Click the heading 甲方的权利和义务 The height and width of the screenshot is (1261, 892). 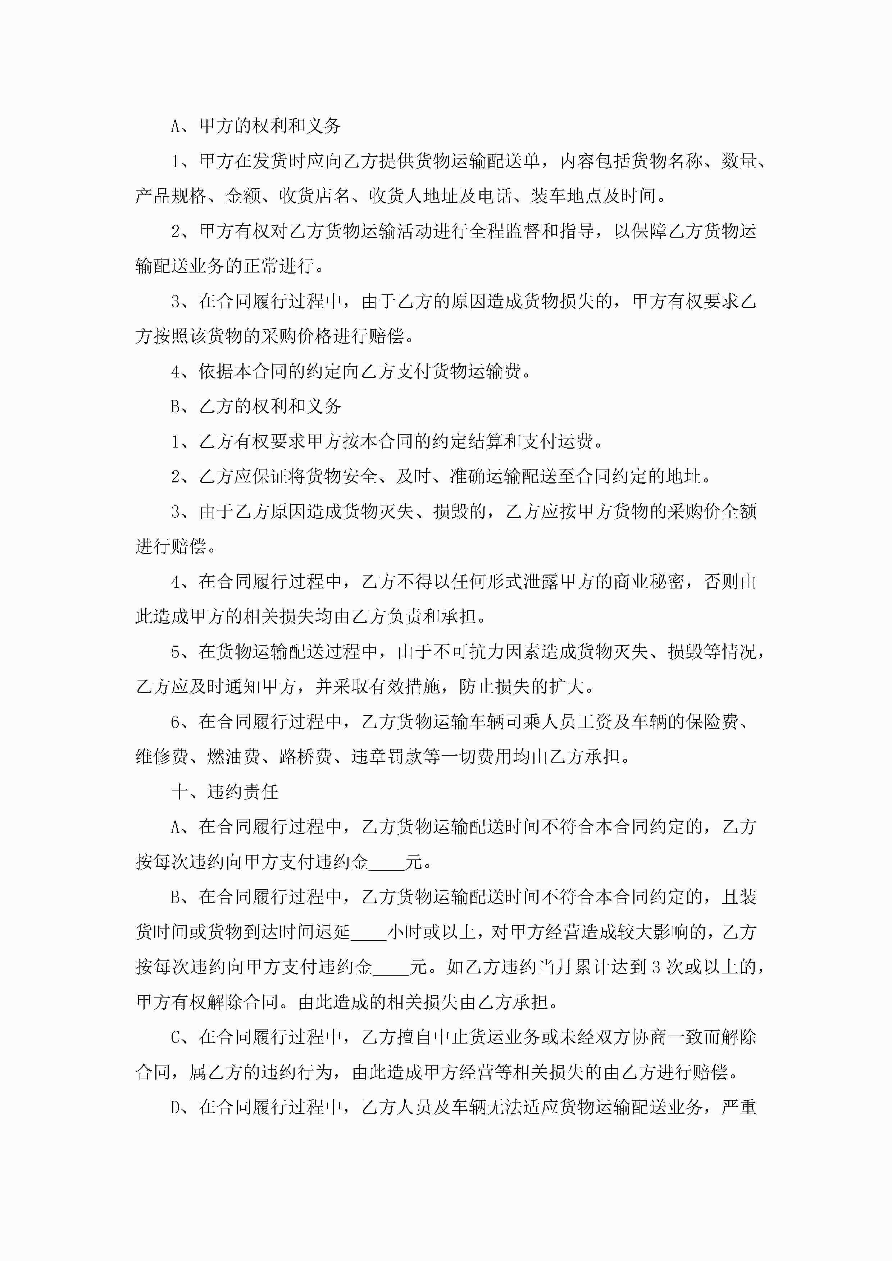pyautogui.click(x=269, y=126)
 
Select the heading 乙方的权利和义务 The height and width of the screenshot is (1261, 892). pyautogui.click(x=269, y=407)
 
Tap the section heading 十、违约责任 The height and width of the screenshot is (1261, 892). pyautogui.click(x=225, y=792)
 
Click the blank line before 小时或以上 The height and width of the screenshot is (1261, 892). pyautogui.click(x=369, y=932)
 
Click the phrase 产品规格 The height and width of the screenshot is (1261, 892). pyautogui.click(x=170, y=196)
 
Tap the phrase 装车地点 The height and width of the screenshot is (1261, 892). pyautogui.click(x=566, y=196)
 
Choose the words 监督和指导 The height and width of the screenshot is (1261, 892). pyautogui.click(x=550, y=231)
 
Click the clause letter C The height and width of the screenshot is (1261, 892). pyautogui.click(x=176, y=1037)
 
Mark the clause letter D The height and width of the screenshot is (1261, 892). pyautogui.click(x=176, y=1108)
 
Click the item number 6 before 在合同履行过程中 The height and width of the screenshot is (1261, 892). pyautogui.click(x=176, y=722)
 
